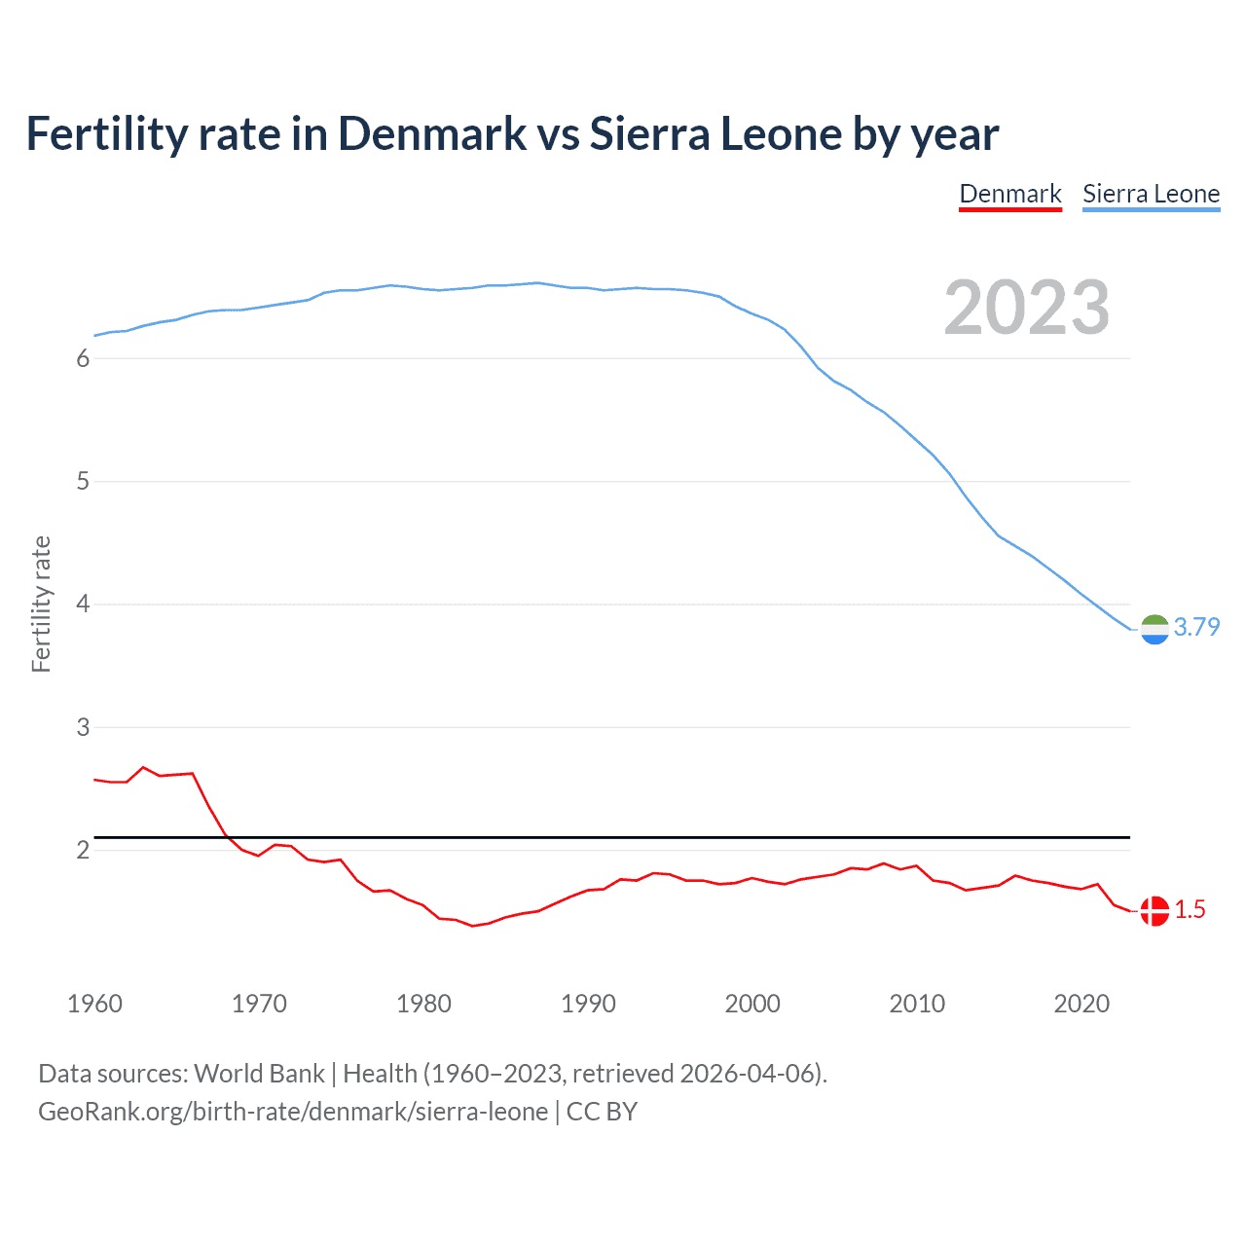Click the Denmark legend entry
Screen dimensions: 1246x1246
pyautogui.click(x=1009, y=194)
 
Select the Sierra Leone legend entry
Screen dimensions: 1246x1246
pyautogui.click(x=1151, y=194)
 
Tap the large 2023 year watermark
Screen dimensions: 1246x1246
pyautogui.click(x=1026, y=308)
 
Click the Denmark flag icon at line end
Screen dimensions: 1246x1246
pyautogui.click(x=1154, y=911)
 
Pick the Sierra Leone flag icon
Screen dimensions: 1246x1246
pyautogui.click(x=1154, y=630)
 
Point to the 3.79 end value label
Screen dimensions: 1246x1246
pyautogui.click(x=1196, y=628)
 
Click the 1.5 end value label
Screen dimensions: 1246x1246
pyautogui.click(x=1190, y=910)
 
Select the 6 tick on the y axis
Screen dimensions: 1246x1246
pyautogui.click(x=83, y=359)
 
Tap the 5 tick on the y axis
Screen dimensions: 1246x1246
pyautogui.click(x=83, y=482)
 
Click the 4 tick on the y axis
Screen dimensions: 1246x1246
pyautogui.click(x=83, y=605)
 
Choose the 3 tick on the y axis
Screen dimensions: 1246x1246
pyautogui.click(x=83, y=727)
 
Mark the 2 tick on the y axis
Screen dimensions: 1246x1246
pyautogui.click(x=83, y=851)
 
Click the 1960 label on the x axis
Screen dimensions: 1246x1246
pyautogui.click(x=94, y=1004)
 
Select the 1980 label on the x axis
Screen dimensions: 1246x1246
pyautogui.click(x=423, y=1004)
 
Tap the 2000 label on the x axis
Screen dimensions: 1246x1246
pyautogui.click(x=752, y=1004)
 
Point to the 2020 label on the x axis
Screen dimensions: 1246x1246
pyautogui.click(x=1081, y=1004)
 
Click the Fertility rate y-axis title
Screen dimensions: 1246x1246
pyautogui.click(x=41, y=604)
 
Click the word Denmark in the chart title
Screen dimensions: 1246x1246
pyautogui.click(x=432, y=134)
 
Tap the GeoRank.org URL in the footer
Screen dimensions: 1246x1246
pyautogui.click(x=293, y=1112)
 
